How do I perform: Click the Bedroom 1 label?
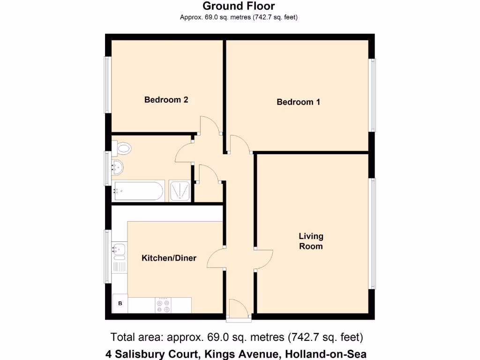coord(298,102)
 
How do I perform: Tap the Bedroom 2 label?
coord(166,99)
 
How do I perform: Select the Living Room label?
coord(311,241)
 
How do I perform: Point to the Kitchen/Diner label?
coord(169,258)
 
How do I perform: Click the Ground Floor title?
coord(239,6)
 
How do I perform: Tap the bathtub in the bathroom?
coord(138,191)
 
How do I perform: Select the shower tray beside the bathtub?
coord(179,191)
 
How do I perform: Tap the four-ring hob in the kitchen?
coord(163,305)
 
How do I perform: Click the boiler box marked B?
coord(120,303)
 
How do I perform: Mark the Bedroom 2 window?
coord(107,85)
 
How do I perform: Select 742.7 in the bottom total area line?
coord(304,337)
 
